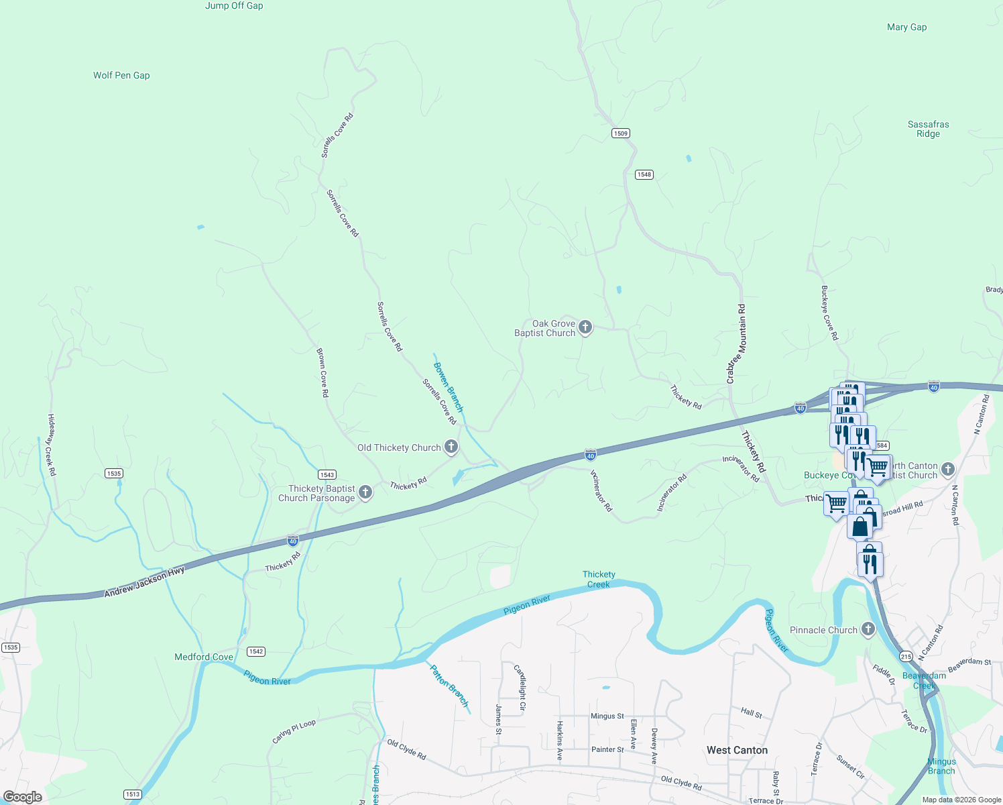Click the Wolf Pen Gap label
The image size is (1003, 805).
(x=121, y=76)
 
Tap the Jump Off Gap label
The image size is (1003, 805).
(x=234, y=6)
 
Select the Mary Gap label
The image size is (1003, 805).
(x=906, y=28)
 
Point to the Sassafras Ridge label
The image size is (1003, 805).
(x=928, y=129)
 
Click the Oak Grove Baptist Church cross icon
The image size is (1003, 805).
(x=585, y=327)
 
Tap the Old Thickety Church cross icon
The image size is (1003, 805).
(x=451, y=447)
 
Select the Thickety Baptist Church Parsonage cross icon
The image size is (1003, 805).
(x=365, y=492)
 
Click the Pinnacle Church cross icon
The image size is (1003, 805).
(x=868, y=629)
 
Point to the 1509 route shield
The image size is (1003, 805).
(x=621, y=133)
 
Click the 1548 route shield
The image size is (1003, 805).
(x=644, y=174)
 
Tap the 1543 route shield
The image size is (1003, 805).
(x=327, y=475)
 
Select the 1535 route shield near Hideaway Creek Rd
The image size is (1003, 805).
(x=114, y=474)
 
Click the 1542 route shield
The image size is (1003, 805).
(x=256, y=651)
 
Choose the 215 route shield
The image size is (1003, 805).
(x=906, y=657)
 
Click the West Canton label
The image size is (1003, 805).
(x=737, y=750)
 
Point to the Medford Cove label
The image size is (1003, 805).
(x=204, y=657)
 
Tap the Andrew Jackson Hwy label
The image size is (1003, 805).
(x=144, y=582)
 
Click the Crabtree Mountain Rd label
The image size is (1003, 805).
(x=735, y=344)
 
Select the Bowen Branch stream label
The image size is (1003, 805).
(x=448, y=387)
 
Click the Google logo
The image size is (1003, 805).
(x=23, y=797)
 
